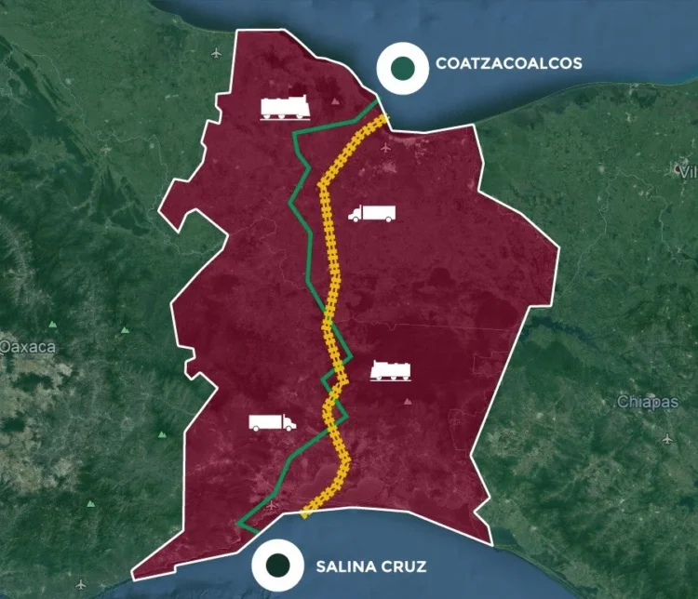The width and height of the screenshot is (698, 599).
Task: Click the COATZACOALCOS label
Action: coord(508,63)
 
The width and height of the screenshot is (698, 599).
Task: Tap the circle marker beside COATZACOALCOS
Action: coord(402,67)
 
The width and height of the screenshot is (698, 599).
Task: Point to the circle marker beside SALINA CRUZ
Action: coord(277,564)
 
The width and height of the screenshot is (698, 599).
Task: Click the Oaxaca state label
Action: coord(28,347)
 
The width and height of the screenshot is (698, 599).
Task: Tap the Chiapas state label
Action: coord(647,402)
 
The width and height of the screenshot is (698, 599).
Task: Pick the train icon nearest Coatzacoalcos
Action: coord(286,109)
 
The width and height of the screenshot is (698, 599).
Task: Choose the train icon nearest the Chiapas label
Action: coord(390,370)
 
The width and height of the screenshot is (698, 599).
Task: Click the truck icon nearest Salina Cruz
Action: coord(272,422)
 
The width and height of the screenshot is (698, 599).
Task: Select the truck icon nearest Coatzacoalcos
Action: coord(371,213)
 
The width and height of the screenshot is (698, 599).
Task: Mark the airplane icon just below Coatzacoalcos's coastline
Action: coord(385,146)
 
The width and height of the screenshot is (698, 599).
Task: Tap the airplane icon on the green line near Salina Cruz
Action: coord(271,506)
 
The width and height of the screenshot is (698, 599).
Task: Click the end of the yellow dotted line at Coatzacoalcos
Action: coord(382,115)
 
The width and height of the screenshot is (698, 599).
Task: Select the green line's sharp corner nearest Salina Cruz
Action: coord(240,525)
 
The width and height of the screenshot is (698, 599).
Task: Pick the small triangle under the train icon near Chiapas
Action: coord(408,402)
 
